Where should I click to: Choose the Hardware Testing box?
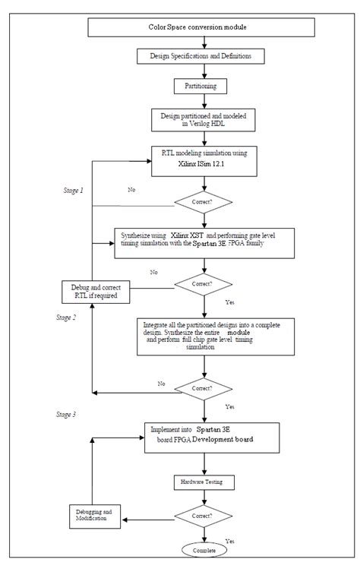(x=201, y=482)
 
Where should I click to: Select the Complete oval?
(x=204, y=549)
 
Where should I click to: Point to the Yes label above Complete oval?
(x=229, y=540)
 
